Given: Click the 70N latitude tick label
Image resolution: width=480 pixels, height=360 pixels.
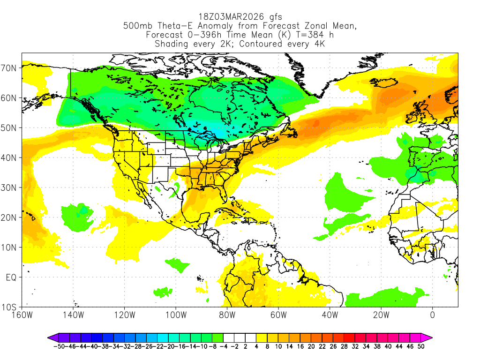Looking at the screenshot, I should point(10,68).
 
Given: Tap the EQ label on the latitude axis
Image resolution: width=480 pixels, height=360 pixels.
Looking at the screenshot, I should point(11,277).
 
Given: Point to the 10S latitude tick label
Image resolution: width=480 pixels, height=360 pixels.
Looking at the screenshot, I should point(10,307).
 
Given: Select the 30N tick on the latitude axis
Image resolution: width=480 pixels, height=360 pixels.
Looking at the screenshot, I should point(10,187).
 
